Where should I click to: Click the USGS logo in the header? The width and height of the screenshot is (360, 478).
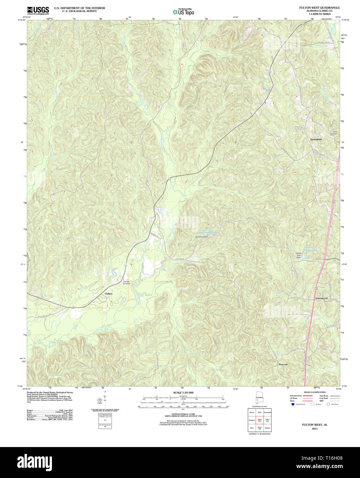click(38, 10)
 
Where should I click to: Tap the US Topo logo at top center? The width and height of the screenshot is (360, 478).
click(183, 12)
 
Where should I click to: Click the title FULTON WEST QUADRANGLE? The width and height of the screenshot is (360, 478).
click(319, 8)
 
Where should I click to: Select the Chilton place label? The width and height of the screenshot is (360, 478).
click(108, 294)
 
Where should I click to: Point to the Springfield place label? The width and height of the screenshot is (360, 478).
click(316, 139)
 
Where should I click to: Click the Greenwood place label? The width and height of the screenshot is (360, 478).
click(321, 298)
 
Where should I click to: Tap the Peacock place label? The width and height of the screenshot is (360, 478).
click(283, 364)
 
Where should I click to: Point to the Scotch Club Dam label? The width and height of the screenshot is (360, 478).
click(299, 256)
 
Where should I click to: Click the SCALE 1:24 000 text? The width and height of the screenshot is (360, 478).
click(183, 393)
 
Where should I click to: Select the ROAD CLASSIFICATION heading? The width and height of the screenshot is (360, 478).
click(315, 392)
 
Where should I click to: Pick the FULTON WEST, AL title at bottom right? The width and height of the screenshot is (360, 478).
click(315, 425)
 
